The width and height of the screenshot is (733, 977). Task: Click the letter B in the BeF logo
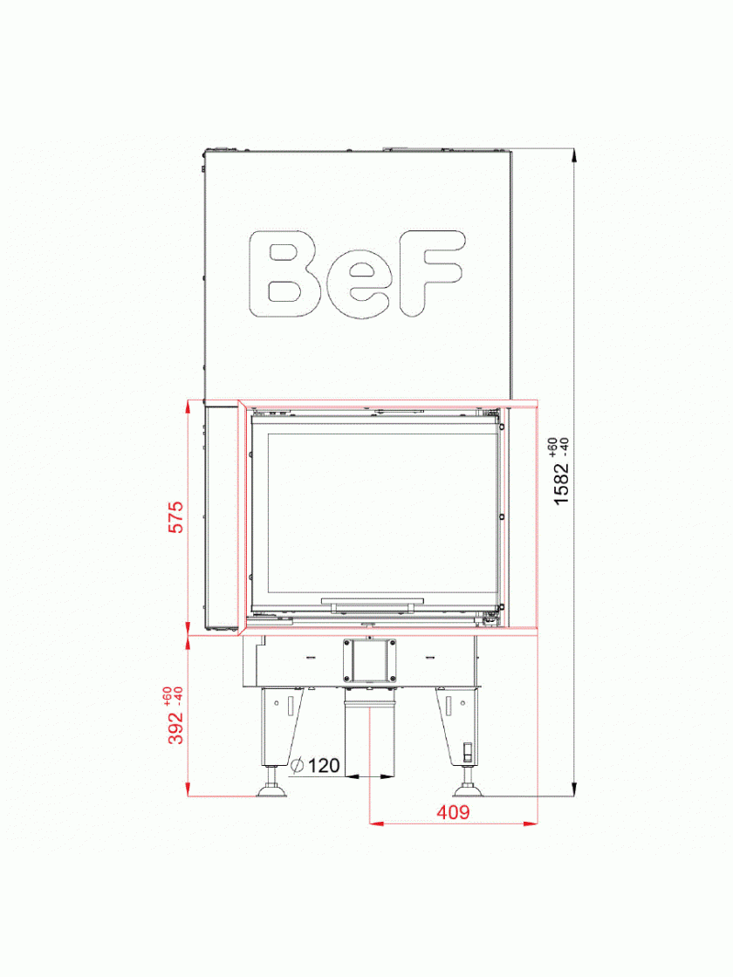(x=284, y=274)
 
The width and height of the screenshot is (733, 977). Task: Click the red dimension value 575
(x=177, y=516)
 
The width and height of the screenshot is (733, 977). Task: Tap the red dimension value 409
(x=453, y=812)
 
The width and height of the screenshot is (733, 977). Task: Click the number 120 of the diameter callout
(x=324, y=765)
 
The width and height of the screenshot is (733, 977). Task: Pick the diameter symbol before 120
(x=298, y=765)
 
